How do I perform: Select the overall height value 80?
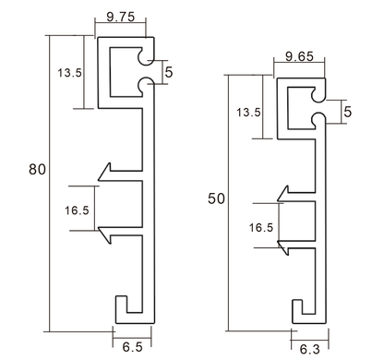coord(37,169)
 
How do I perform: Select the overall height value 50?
coord(214,198)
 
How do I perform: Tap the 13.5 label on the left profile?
coord(70,72)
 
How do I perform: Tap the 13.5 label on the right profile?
coord(248,113)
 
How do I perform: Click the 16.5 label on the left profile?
coord(78,210)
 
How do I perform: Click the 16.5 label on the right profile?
coord(262,226)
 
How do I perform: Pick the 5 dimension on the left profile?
coord(168,70)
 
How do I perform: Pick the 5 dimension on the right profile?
coord(347,112)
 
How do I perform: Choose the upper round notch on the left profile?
coord(145,57)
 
